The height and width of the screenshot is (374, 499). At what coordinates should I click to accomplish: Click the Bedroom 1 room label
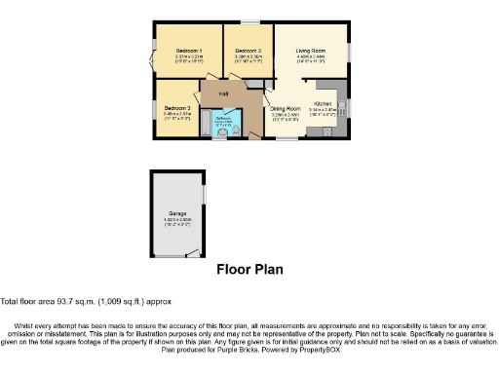(x=188, y=50)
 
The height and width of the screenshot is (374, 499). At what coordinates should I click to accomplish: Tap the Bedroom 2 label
(x=249, y=50)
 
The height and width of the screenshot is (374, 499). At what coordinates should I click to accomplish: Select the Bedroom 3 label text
(x=176, y=108)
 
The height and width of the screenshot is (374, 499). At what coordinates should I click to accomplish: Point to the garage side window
(x=206, y=192)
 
